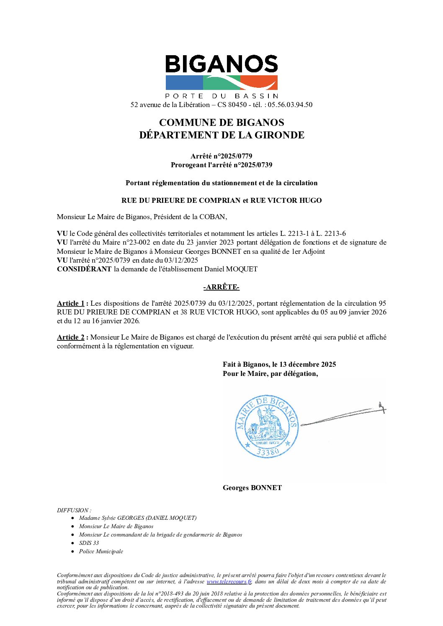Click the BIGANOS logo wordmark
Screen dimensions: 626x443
pos(221,65)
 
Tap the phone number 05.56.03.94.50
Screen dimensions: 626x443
pos(290,105)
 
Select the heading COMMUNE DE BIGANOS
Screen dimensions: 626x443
pos(221,123)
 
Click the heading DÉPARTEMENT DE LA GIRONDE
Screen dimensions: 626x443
pos(221,135)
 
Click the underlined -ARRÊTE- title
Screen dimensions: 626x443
pos(221,287)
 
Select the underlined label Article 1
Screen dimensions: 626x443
pos(71,303)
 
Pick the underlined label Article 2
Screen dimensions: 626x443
pos(71,337)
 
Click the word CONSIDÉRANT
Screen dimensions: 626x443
pos(84,269)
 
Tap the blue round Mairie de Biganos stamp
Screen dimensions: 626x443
pos(267,426)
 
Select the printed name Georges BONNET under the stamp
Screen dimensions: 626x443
pos(252,488)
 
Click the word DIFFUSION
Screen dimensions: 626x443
pos(73,510)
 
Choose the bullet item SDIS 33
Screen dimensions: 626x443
pos(89,543)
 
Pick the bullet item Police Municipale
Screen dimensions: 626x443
pos(101,551)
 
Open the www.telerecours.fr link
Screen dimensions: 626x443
pos(229,581)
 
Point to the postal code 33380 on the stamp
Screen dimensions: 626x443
pos(268,452)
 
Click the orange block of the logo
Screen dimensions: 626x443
pos(260,82)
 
